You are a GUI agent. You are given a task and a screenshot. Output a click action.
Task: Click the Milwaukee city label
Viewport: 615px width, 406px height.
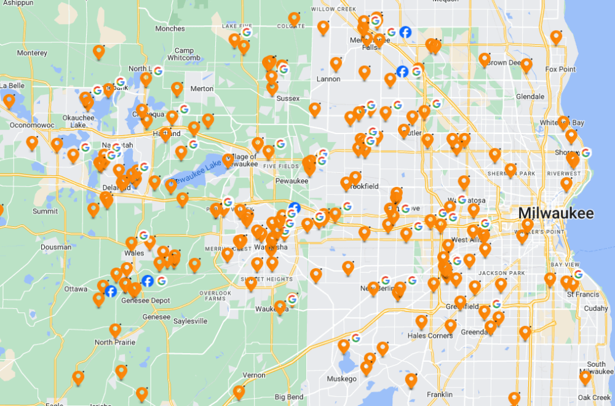(x=556, y=213)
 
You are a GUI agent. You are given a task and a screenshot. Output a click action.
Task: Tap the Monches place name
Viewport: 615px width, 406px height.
(x=170, y=28)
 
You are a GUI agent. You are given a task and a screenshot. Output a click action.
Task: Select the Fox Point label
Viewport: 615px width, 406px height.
(x=560, y=70)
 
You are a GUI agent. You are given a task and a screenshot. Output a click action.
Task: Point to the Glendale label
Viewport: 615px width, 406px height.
(x=530, y=97)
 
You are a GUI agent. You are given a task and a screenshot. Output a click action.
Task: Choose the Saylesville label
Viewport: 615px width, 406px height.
(x=190, y=321)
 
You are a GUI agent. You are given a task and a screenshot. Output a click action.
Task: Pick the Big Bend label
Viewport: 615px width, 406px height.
(x=288, y=397)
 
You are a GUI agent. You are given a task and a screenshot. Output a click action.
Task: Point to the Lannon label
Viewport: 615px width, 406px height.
(x=328, y=79)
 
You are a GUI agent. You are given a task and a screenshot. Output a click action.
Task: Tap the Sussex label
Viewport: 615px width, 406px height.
(x=288, y=98)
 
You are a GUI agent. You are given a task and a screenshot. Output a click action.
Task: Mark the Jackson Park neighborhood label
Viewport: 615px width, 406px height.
(x=494, y=273)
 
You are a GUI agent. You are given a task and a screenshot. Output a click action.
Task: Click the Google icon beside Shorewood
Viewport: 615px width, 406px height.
(x=585, y=153)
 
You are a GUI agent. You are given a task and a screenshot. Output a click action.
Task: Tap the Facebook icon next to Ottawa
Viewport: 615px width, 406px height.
(x=111, y=291)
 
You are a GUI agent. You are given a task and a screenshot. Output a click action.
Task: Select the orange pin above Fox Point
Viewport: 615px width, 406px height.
(x=556, y=37)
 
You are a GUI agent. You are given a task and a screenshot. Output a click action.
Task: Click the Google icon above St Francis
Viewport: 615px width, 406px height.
(x=578, y=274)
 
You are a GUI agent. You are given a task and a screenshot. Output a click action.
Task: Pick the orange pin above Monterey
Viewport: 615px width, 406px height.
(x=98, y=51)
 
